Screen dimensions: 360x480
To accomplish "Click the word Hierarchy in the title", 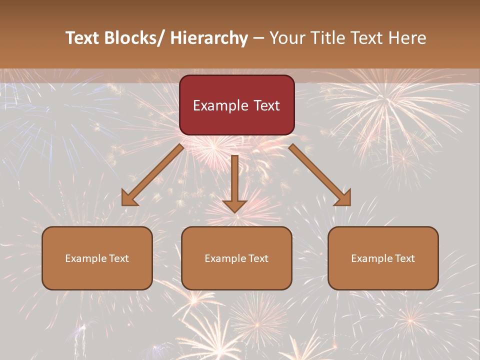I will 209,38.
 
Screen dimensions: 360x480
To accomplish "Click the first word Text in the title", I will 82,38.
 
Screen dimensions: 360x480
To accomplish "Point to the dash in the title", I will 258,38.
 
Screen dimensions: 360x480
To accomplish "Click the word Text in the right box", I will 405,258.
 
